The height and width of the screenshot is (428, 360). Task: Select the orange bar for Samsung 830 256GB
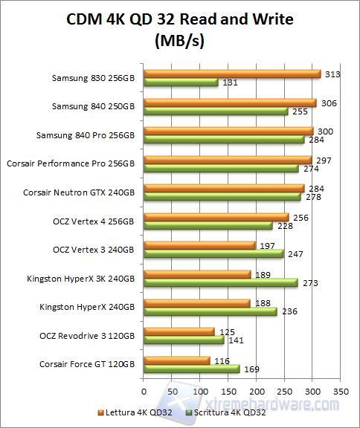(232, 74)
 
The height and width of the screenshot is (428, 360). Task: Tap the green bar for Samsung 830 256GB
(181, 82)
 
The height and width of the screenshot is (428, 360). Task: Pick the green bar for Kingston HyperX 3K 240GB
(221, 283)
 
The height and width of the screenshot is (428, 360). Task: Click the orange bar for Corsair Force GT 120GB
(176, 360)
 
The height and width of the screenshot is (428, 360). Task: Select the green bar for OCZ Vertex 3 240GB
(213, 254)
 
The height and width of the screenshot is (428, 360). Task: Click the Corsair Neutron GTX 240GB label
(80, 192)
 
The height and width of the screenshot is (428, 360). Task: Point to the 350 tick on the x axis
(340, 389)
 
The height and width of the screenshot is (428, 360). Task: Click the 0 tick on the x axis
(144, 389)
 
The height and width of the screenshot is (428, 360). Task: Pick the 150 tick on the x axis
(228, 389)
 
